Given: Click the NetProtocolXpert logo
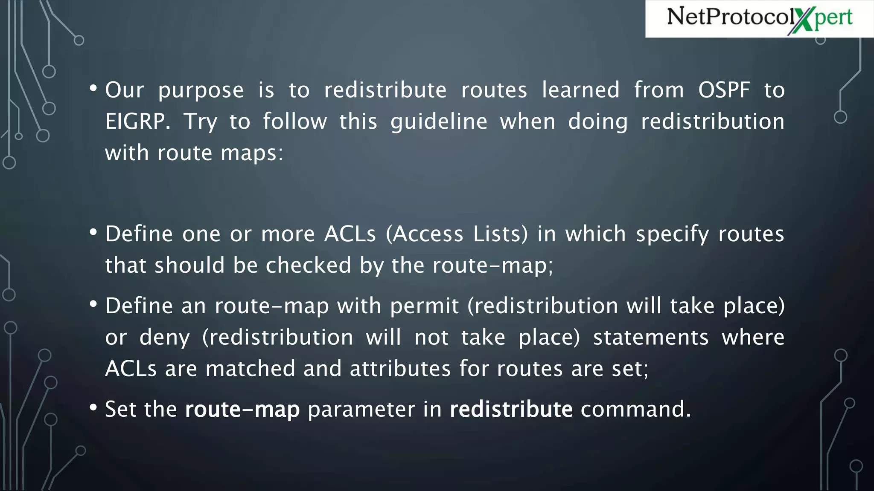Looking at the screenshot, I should pyautogui.click(x=760, y=18).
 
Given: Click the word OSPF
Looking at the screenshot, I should pyautogui.click(x=724, y=90).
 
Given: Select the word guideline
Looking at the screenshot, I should pyautogui.click(x=439, y=122).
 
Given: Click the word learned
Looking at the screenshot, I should pyautogui.click(x=580, y=90).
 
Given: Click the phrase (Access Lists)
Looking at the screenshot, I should pyautogui.click(x=457, y=234).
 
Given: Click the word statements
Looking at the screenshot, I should pyautogui.click(x=651, y=338).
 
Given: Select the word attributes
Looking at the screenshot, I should pyautogui.click(x=400, y=369).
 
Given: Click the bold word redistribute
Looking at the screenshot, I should pyautogui.click(x=511, y=409).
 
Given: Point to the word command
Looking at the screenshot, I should pyautogui.click(x=635, y=409).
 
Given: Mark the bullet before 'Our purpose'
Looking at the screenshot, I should pyautogui.click(x=93, y=89).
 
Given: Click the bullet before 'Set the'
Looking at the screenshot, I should pyautogui.click(x=93, y=407).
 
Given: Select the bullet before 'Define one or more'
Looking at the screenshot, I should pyautogui.click(x=93, y=232).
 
